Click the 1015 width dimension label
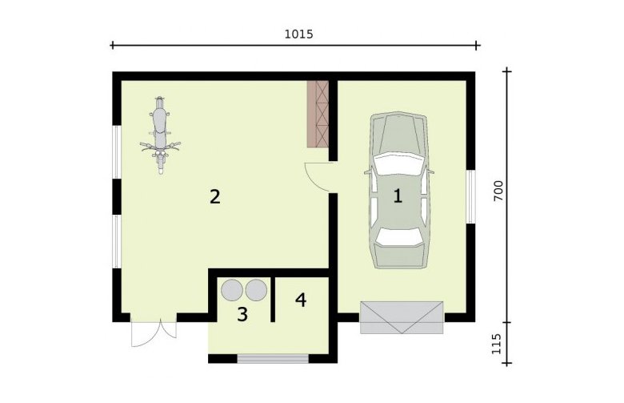point(299,34)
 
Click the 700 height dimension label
point(498,191)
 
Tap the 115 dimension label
point(496,344)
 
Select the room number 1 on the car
point(398,196)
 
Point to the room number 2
point(215,197)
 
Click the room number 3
point(242,315)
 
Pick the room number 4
point(301,300)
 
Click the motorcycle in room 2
point(160,135)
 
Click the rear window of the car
point(398,236)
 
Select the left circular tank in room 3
point(232,290)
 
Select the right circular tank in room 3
point(256,290)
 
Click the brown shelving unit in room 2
point(318,114)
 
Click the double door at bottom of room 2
point(154,333)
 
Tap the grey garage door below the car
point(402,317)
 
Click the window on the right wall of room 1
point(470,196)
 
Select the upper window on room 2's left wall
point(117,152)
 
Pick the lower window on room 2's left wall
point(117,242)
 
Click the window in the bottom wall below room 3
point(273,358)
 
